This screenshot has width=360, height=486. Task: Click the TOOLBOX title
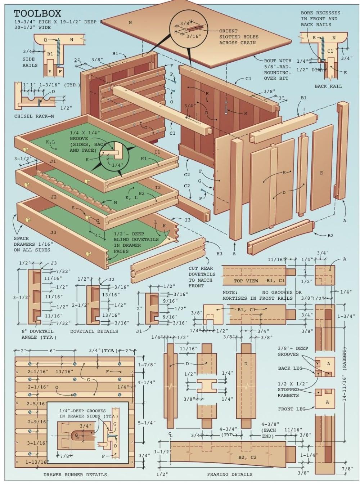pos(37,14)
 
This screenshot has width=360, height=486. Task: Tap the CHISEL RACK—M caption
pos(34,116)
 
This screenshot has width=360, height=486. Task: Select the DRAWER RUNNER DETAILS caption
pos(75,474)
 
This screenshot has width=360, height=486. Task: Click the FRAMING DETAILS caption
pos(230,474)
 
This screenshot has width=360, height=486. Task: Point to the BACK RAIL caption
pos(328,86)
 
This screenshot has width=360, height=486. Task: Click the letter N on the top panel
pos(130,23)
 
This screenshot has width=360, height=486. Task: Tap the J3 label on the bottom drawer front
pos(53,232)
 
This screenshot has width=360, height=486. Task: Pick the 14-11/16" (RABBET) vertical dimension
pos(345,375)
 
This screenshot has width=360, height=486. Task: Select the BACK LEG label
pos(290,368)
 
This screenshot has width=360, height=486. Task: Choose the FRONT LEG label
pos(292,409)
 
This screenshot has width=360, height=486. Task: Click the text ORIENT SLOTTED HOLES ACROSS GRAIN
pos(238,37)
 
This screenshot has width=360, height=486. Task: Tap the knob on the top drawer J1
pos(26,150)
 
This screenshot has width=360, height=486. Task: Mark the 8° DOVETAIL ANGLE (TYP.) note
pos(37,334)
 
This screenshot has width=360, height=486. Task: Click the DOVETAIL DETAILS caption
pos(94,331)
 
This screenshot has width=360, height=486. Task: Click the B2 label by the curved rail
pos(330,235)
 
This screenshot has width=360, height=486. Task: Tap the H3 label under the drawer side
pos(219,254)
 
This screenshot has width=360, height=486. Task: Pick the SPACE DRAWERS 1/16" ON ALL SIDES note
pos(32,244)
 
